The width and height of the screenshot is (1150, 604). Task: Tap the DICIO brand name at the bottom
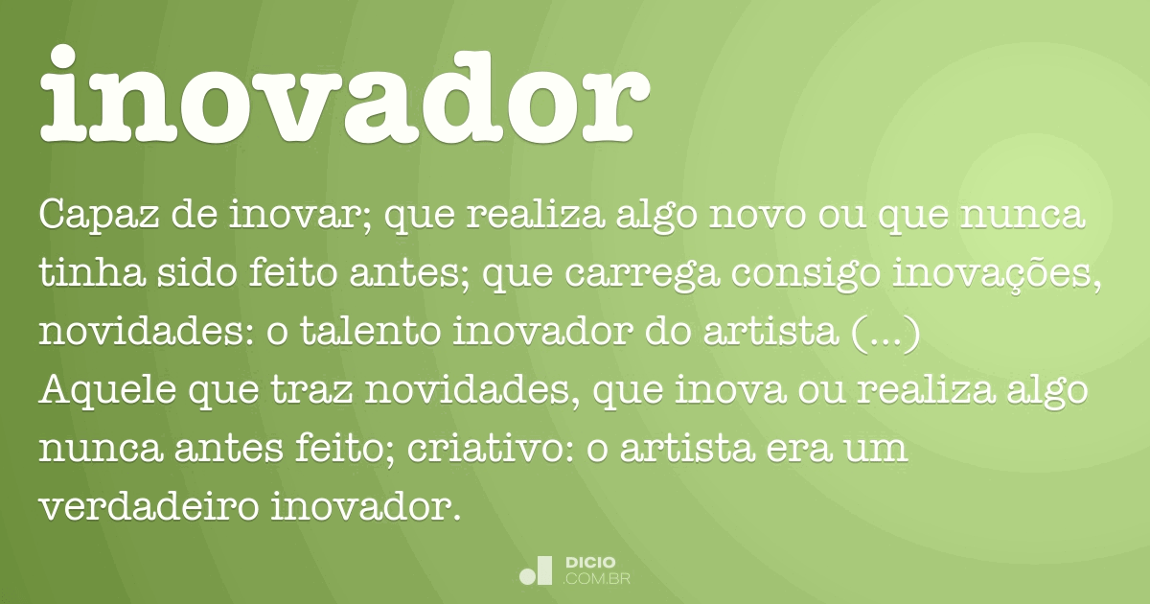click(x=590, y=562)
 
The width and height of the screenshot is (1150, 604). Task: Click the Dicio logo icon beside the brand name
click(x=536, y=569)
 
